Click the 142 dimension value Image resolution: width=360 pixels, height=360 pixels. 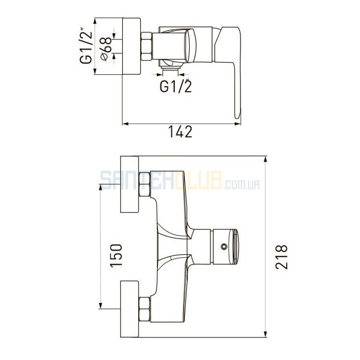(180, 132)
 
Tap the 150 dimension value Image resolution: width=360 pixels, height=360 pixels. (117, 255)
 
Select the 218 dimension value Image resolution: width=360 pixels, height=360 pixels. (281, 257)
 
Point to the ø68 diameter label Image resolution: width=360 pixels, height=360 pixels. (106, 49)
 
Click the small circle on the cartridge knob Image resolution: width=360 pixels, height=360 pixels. (224, 247)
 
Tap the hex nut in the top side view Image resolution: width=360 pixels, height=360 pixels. (146, 47)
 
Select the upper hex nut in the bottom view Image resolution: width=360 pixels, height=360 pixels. (144, 184)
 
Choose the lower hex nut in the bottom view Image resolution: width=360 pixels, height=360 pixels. (144, 309)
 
